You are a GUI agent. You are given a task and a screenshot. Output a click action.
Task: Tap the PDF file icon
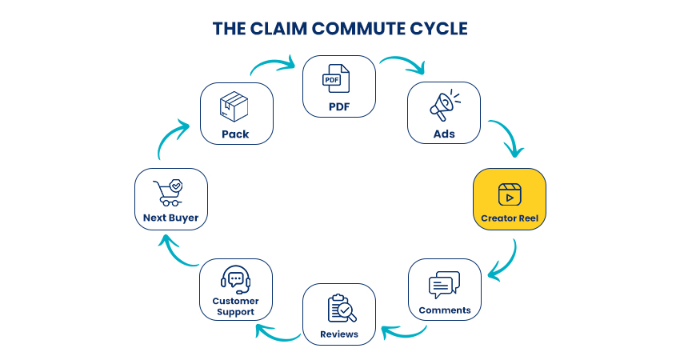(x=338, y=79)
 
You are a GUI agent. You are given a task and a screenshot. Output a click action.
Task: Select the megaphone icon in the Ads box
(x=444, y=107)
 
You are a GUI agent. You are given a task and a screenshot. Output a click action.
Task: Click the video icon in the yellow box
(x=510, y=194)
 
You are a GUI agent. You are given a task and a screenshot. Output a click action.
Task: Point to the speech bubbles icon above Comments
(x=444, y=285)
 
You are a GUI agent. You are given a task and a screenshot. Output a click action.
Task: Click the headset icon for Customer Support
(x=235, y=278)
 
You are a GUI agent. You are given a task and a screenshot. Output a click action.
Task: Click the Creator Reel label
(x=510, y=218)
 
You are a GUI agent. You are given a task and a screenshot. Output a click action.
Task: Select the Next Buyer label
(x=171, y=218)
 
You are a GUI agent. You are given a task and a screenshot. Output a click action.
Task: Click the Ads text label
(x=444, y=134)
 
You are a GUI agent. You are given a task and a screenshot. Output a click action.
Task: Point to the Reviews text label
(x=338, y=334)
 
